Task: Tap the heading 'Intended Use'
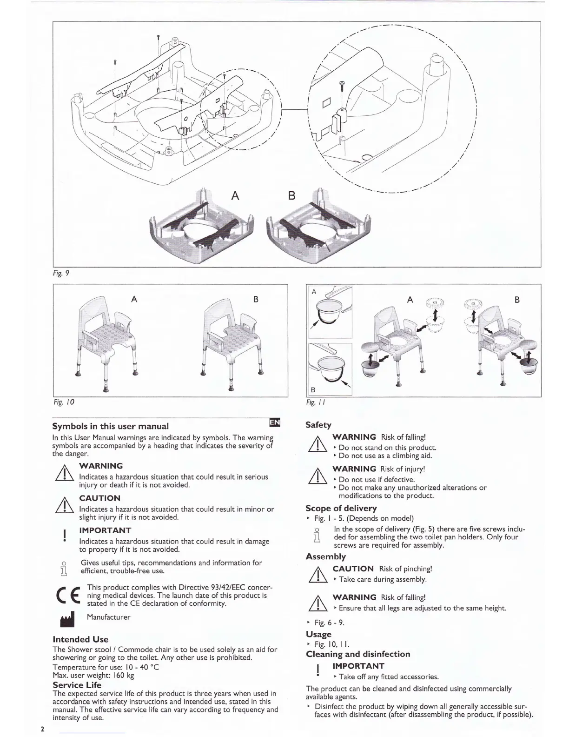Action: pyautogui.click(x=80, y=639)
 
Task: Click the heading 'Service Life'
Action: pyautogui.click(x=77, y=685)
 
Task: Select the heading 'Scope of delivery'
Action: pyautogui.click(x=341, y=508)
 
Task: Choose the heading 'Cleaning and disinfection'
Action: pyautogui.click(x=358, y=654)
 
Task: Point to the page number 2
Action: pyautogui.click(x=42, y=729)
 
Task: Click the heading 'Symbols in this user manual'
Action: pyautogui.click(x=110, y=426)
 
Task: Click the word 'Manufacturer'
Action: pyautogui.click(x=109, y=617)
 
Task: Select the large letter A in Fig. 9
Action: pyautogui.click(x=235, y=195)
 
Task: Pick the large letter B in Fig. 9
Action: pyautogui.click(x=291, y=195)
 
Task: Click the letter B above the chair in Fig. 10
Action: pyautogui.click(x=256, y=299)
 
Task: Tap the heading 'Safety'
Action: pyautogui.click(x=318, y=425)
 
